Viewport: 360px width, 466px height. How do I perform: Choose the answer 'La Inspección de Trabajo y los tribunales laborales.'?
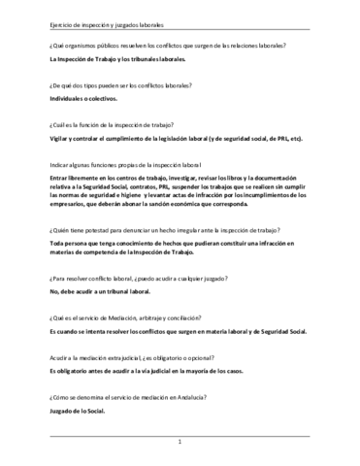117,60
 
